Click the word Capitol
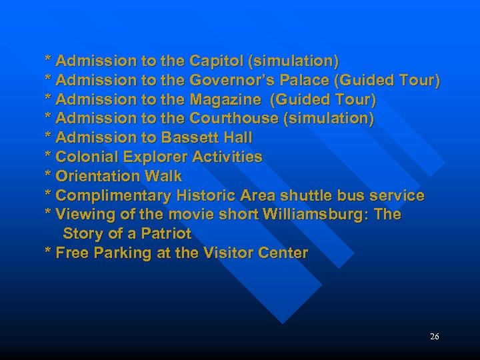[x=216, y=61]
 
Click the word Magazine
[x=225, y=100]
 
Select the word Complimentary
[x=113, y=196]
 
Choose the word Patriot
[x=166, y=234]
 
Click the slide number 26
[x=435, y=337]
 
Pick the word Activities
[x=228, y=157]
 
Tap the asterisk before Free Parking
[x=48, y=253]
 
